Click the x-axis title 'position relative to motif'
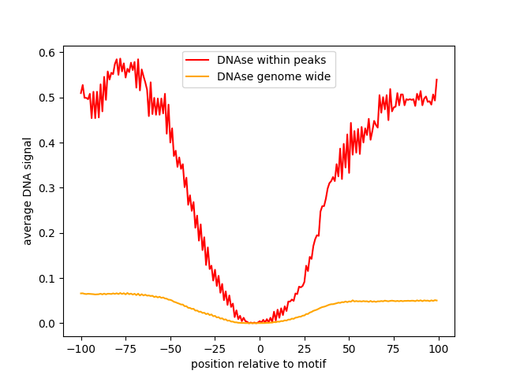[x=259, y=364]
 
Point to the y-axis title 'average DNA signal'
[x=28, y=191]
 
